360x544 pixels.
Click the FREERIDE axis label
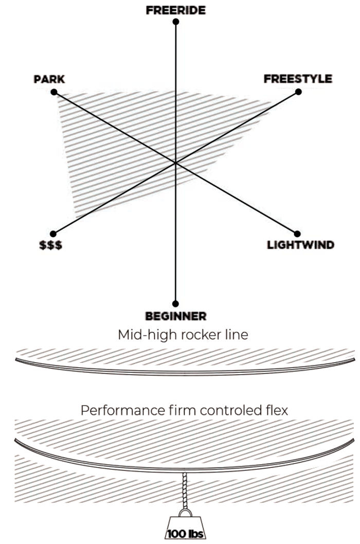175,10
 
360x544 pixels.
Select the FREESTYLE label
298,79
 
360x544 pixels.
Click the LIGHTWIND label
300,244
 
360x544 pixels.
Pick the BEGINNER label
176,315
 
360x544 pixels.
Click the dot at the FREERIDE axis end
176,22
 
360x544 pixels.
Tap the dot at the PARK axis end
53,93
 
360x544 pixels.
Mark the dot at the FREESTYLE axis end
298,93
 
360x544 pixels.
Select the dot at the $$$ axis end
53,233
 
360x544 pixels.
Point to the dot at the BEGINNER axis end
176,304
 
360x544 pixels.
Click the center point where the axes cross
176,163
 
